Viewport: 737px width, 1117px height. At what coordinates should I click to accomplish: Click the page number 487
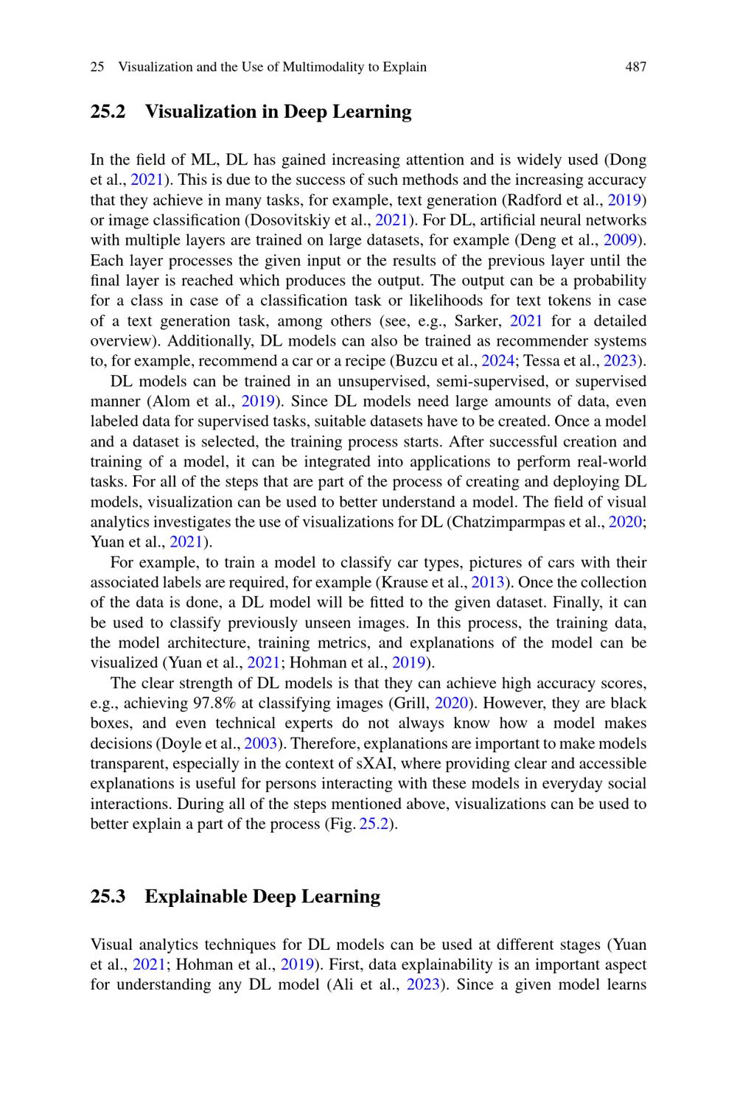click(635, 67)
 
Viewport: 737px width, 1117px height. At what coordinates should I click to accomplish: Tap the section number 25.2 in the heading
click(108, 112)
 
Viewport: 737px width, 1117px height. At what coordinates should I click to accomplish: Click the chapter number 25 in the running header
click(97, 67)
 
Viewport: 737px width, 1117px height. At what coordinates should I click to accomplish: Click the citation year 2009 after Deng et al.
click(619, 240)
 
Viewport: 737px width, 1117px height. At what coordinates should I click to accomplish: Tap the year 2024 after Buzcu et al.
click(497, 361)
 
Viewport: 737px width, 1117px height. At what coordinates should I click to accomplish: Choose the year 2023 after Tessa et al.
click(620, 361)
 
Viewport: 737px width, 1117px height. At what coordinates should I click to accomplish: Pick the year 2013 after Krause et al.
click(487, 583)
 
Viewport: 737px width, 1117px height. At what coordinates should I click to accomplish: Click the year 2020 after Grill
click(451, 704)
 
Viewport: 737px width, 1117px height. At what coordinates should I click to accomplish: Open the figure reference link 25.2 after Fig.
click(374, 824)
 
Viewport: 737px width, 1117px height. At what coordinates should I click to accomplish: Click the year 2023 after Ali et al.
click(423, 985)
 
